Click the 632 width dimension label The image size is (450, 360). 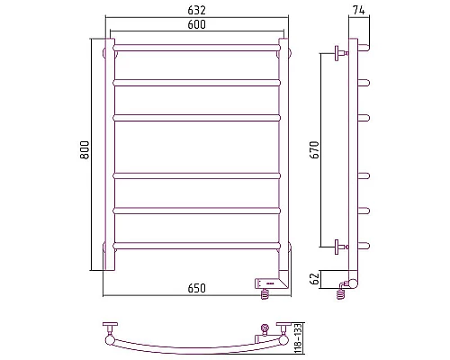197,10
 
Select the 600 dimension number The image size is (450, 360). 197,24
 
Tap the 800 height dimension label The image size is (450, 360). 85,150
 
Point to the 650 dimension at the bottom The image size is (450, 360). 197,288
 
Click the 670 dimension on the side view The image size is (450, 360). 315,150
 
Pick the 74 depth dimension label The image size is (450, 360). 359,10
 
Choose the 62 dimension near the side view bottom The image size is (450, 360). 315,279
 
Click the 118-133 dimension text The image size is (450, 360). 298,338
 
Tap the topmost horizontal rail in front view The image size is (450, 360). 197,48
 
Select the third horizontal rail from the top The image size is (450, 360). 197,118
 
